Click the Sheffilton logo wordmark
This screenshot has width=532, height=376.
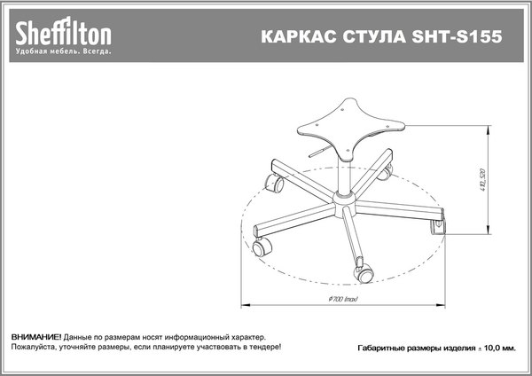62,33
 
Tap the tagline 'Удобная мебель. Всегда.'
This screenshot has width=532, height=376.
63,51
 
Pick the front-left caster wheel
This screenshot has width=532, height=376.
263,247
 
